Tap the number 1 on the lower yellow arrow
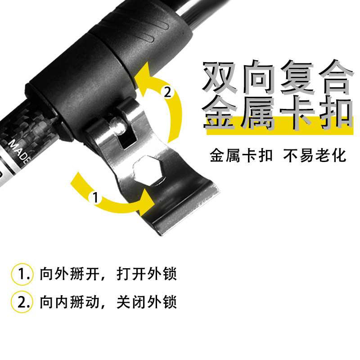[95, 197]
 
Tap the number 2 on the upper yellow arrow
[167, 92]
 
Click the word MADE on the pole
[19, 152]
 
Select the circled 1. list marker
[22, 274]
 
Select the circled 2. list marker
[22, 302]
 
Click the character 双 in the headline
[219, 77]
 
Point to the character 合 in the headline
[335, 77]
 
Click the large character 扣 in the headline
[337, 114]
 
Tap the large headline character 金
[220, 114]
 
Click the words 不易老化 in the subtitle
[315, 156]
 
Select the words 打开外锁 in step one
[147, 274]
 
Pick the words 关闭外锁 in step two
[147, 301]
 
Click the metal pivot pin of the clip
[118, 125]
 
